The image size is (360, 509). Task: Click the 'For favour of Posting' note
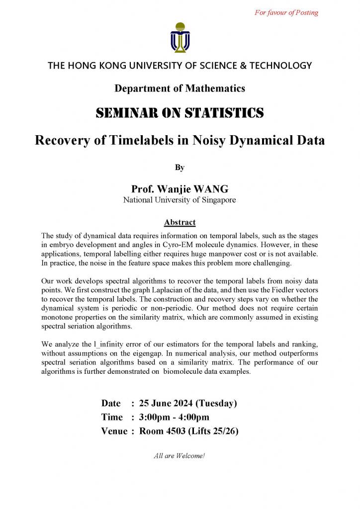tap(286, 13)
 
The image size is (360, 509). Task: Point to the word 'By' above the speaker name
tap(180, 168)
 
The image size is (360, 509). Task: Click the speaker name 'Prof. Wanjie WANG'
tap(180, 189)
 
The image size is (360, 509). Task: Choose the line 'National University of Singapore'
tap(180, 200)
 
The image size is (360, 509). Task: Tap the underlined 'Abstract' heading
tap(180, 222)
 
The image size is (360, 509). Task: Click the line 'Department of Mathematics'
tap(180, 88)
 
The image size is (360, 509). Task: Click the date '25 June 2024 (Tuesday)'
tap(188, 403)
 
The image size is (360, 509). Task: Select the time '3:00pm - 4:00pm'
tap(174, 417)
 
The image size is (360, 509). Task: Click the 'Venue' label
tap(114, 431)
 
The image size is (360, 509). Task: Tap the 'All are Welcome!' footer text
tap(180, 455)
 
